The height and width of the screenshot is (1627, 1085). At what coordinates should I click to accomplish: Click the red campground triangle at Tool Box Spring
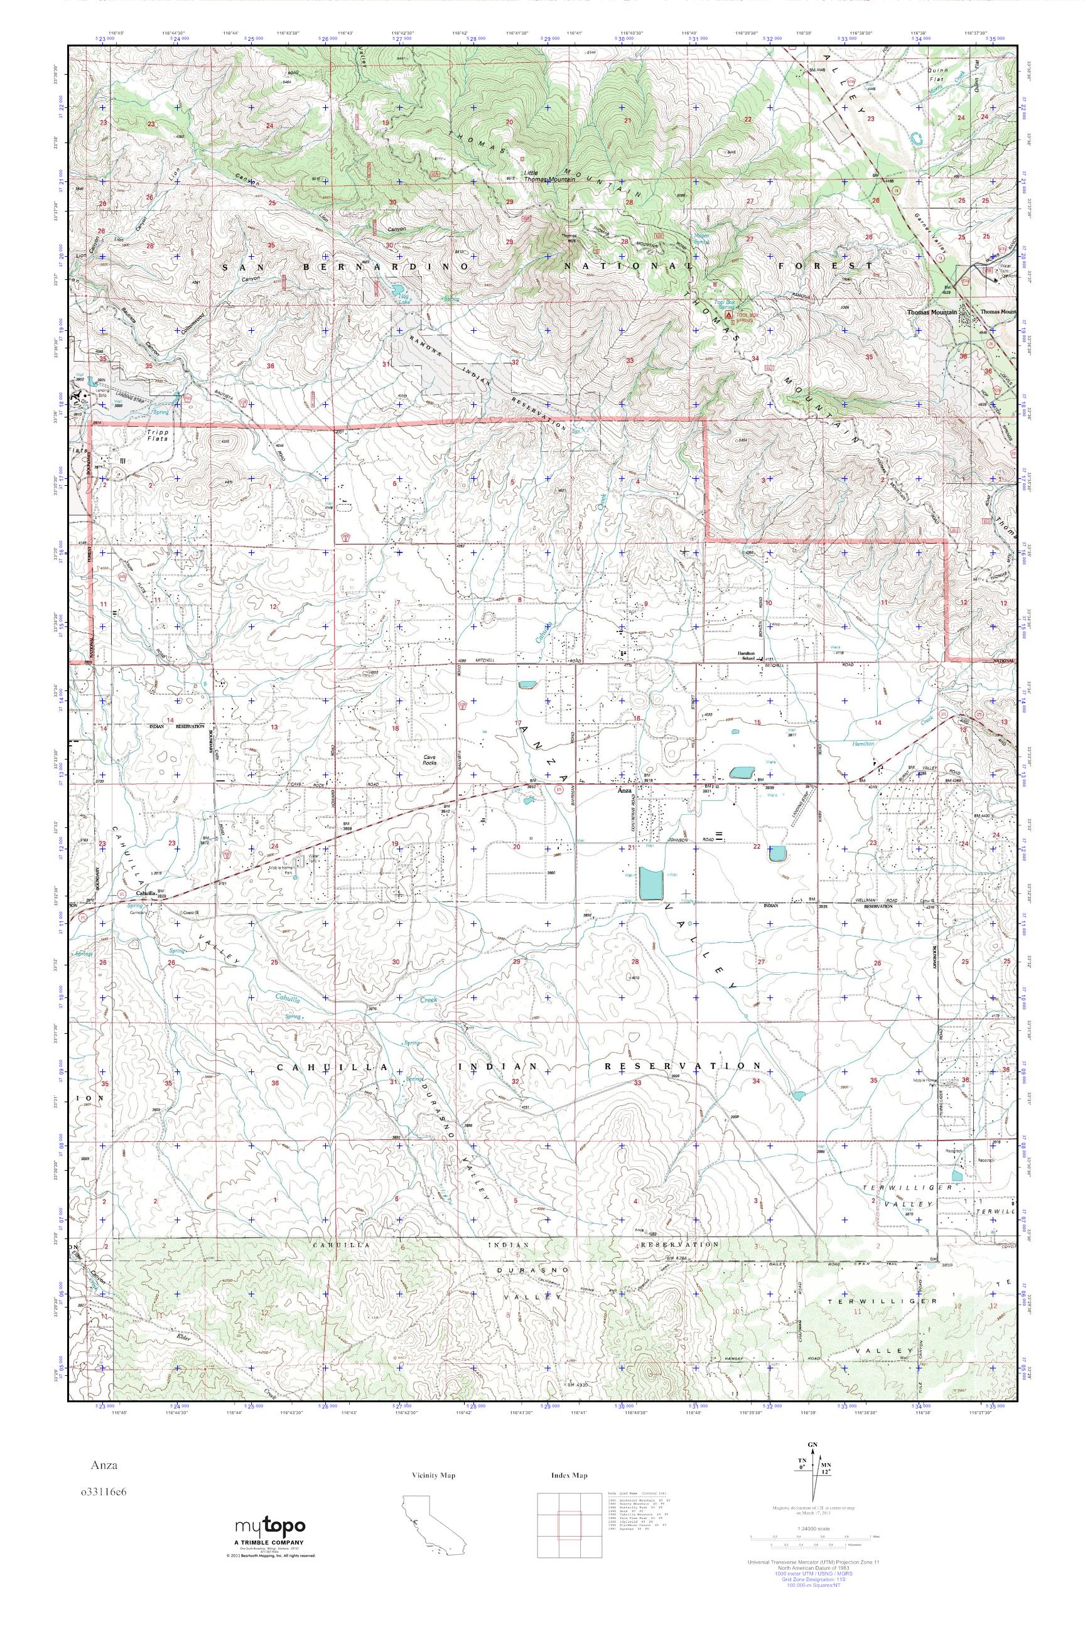click(727, 314)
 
